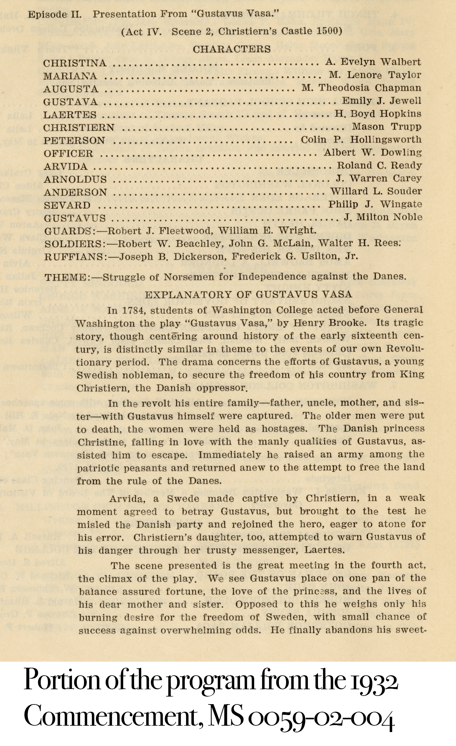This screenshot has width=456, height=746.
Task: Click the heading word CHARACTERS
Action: tap(231, 49)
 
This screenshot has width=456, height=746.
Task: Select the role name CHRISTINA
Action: tap(75, 63)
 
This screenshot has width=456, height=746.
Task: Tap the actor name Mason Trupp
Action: tap(387, 127)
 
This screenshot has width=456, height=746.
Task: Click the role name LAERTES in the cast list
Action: tap(70, 115)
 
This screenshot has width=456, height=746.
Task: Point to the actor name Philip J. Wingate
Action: tap(375, 204)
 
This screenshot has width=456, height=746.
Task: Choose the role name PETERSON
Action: tap(74, 140)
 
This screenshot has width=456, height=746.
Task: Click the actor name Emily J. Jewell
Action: tap(382, 101)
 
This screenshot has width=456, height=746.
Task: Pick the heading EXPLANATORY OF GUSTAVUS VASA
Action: tap(248, 294)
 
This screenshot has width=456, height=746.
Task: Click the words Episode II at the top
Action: tap(55, 15)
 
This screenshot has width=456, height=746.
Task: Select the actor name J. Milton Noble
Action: tap(383, 217)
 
